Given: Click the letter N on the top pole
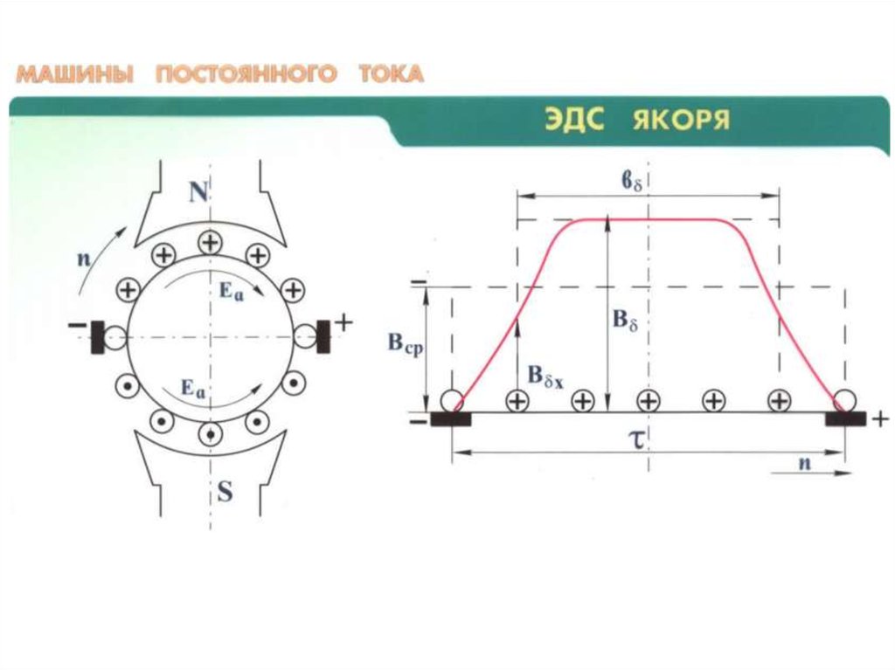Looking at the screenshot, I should [200, 193].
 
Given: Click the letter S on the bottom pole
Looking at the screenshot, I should [225, 493].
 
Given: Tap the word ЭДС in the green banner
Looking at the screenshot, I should [575, 120].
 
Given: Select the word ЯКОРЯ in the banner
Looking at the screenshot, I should [681, 120].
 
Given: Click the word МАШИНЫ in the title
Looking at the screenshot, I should [75, 74].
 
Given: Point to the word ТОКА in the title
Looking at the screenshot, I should [391, 74].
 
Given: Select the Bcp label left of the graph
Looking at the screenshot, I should [405, 343].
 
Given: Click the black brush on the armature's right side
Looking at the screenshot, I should [323, 337].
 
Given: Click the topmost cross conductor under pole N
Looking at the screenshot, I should [210, 241].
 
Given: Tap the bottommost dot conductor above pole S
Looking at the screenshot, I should [210, 433].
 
